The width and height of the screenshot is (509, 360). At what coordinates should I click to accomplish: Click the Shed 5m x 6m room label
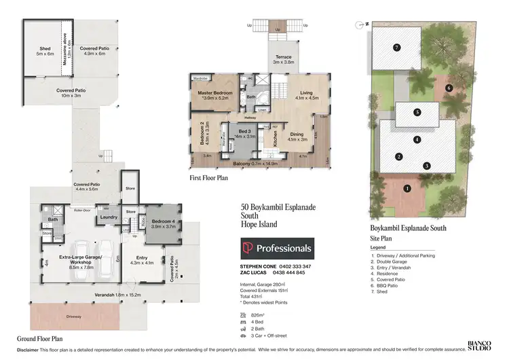[x=45, y=51]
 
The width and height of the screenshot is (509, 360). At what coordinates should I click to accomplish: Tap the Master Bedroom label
[x=215, y=92]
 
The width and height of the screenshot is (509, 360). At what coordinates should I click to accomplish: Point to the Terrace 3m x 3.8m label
[x=284, y=59]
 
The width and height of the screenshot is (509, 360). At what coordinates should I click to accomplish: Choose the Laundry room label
[x=109, y=217]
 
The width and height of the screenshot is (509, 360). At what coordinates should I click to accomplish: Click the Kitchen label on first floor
[x=275, y=139]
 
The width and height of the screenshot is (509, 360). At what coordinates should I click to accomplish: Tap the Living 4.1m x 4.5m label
[x=302, y=95]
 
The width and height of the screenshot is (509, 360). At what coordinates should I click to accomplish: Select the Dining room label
[x=297, y=136]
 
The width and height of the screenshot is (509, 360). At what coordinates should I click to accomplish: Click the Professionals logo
[x=277, y=248]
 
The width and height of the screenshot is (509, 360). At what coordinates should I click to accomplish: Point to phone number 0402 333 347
[x=293, y=267]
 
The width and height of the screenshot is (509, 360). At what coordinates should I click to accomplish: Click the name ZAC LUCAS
[x=257, y=272]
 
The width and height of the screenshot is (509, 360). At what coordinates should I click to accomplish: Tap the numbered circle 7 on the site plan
[x=396, y=48]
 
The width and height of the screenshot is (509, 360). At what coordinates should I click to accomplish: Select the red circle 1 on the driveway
[x=407, y=188]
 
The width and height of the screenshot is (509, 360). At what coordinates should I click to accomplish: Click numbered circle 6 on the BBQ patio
[x=449, y=88]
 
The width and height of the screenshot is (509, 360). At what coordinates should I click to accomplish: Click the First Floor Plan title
[x=209, y=178]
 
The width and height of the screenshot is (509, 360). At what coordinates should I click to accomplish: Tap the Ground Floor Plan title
[x=41, y=338]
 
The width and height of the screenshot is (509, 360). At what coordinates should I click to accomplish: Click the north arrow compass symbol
[x=360, y=25]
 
